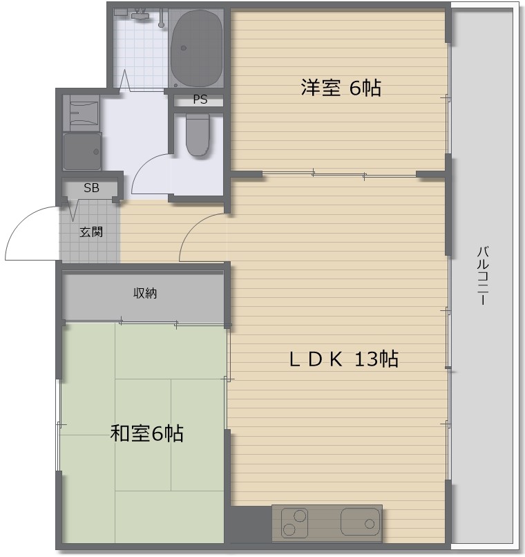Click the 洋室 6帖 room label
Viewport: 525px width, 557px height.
coord(341,88)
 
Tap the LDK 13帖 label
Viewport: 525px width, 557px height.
coord(343,359)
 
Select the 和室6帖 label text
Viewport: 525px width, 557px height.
coord(146,433)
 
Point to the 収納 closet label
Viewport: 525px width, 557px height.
coord(145,294)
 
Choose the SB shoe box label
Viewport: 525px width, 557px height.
coord(91,187)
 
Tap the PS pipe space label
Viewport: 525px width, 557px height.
coord(200,100)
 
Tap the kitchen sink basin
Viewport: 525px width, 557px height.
coord(360,522)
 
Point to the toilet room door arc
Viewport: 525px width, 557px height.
coord(149,173)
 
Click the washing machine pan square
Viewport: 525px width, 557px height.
coord(82,151)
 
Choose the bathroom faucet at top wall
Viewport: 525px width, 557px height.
coord(140,13)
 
